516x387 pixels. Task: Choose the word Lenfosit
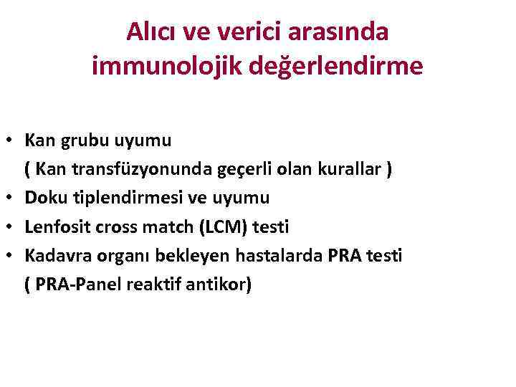[53, 227]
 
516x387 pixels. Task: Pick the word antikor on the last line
[223, 285]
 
